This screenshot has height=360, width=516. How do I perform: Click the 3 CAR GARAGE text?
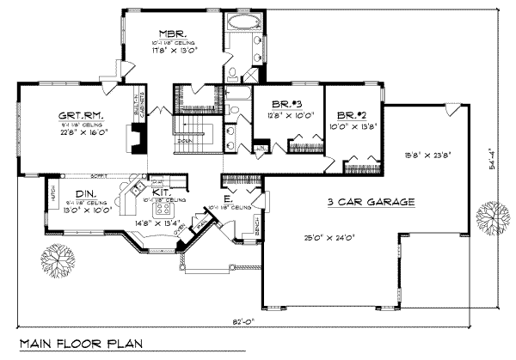pos(372,203)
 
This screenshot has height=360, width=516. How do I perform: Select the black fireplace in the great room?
pos(135,137)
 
